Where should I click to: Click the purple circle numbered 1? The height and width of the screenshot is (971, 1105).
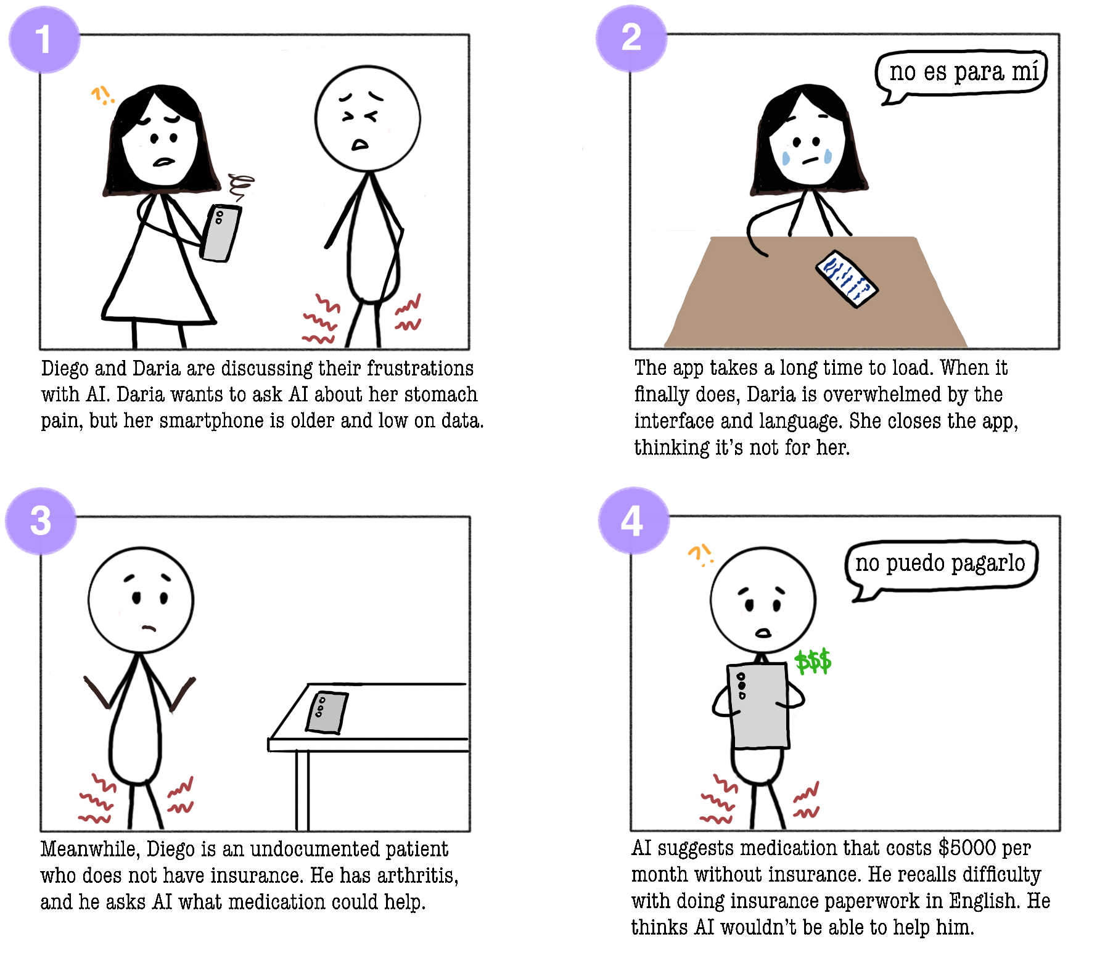[44, 39]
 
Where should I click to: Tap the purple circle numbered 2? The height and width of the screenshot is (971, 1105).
[631, 38]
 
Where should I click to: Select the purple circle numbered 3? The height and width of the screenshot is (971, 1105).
[41, 521]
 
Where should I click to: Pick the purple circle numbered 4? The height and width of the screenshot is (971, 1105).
[633, 520]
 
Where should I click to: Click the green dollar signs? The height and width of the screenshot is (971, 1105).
[813, 662]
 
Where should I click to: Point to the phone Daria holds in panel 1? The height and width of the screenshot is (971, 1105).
[221, 233]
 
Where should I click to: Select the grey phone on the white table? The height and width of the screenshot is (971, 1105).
[327, 713]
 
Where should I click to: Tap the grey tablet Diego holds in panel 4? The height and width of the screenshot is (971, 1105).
[758, 705]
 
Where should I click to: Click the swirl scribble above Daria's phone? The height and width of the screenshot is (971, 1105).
[241, 186]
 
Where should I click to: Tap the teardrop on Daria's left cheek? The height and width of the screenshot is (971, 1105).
[786, 158]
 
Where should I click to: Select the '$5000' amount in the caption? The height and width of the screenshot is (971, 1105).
[967, 848]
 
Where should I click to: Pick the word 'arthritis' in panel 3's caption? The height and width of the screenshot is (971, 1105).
[417, 875]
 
